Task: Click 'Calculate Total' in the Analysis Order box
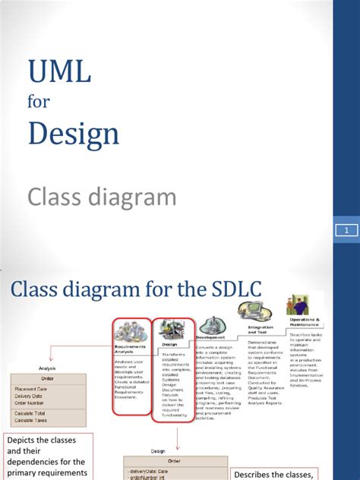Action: click(x=35, y=412)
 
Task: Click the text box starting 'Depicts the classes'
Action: click(x=49, y=456)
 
